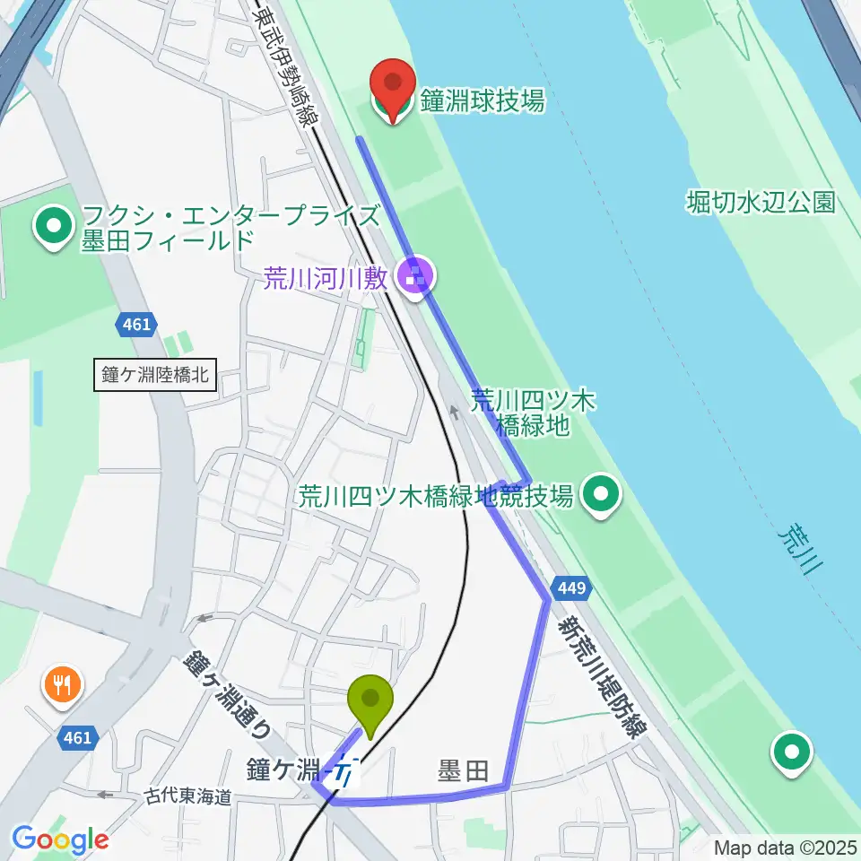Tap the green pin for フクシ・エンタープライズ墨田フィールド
point(54,226)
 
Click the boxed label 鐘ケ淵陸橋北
point(154,376)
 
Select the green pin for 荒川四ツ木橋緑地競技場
point(601,493)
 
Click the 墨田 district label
point(462,770)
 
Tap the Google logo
point(60,840)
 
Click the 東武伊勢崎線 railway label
point(285,65)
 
